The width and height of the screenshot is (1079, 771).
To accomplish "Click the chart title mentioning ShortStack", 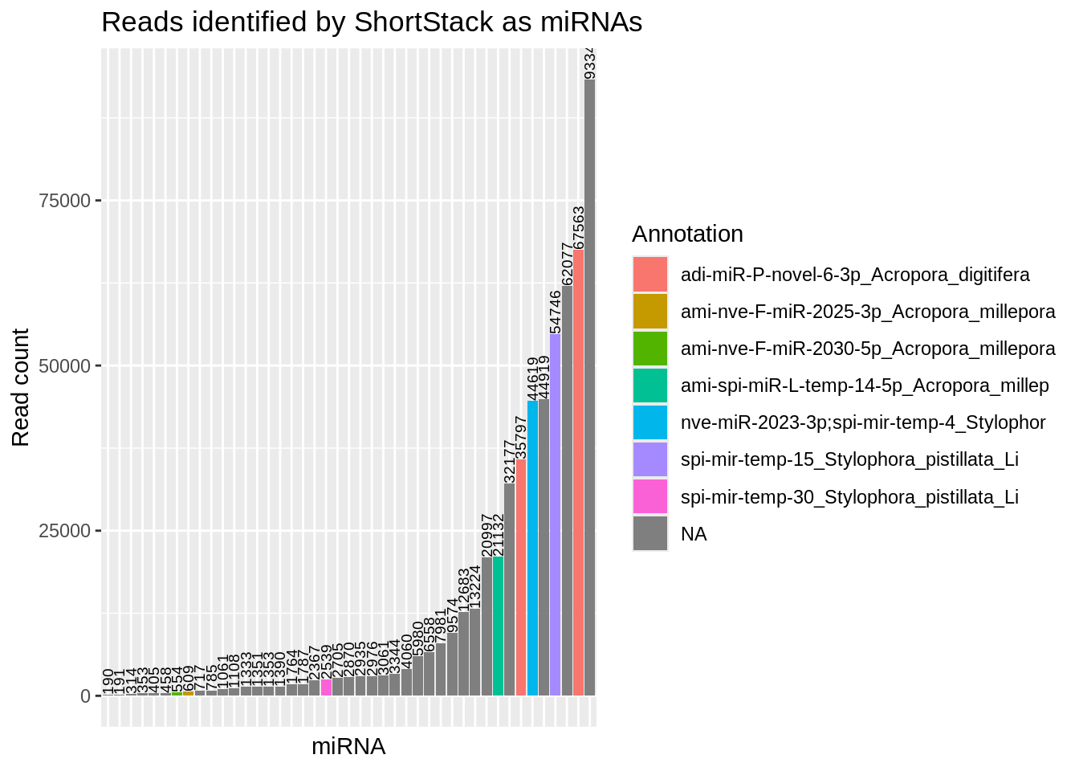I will (371, 22).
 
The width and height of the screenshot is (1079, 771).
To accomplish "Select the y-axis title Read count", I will (21, 387).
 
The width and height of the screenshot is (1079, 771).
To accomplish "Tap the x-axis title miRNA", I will (348, 747).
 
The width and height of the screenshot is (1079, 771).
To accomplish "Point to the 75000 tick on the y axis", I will (64, 201).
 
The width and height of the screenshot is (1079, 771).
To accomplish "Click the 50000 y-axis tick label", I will (64, 366).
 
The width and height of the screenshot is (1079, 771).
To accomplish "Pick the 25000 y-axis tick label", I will (64, 531).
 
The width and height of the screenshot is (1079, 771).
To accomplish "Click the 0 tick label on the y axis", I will (85, 696).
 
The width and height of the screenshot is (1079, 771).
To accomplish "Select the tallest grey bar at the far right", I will (590, 385).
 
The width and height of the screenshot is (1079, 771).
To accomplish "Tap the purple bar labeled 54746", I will (556, 514).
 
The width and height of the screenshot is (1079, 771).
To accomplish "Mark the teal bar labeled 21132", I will (498, 626).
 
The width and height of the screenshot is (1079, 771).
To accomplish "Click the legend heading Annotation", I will (687, 234).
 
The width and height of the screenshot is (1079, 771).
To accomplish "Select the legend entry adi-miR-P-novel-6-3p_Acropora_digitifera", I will (855, 275).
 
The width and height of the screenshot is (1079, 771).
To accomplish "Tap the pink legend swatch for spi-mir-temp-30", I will (650, 496).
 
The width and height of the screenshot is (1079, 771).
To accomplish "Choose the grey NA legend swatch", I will (650, 533).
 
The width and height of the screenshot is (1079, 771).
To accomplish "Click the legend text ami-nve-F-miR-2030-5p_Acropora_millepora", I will (868, 349).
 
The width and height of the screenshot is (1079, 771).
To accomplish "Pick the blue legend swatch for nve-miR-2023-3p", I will (650, 422).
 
